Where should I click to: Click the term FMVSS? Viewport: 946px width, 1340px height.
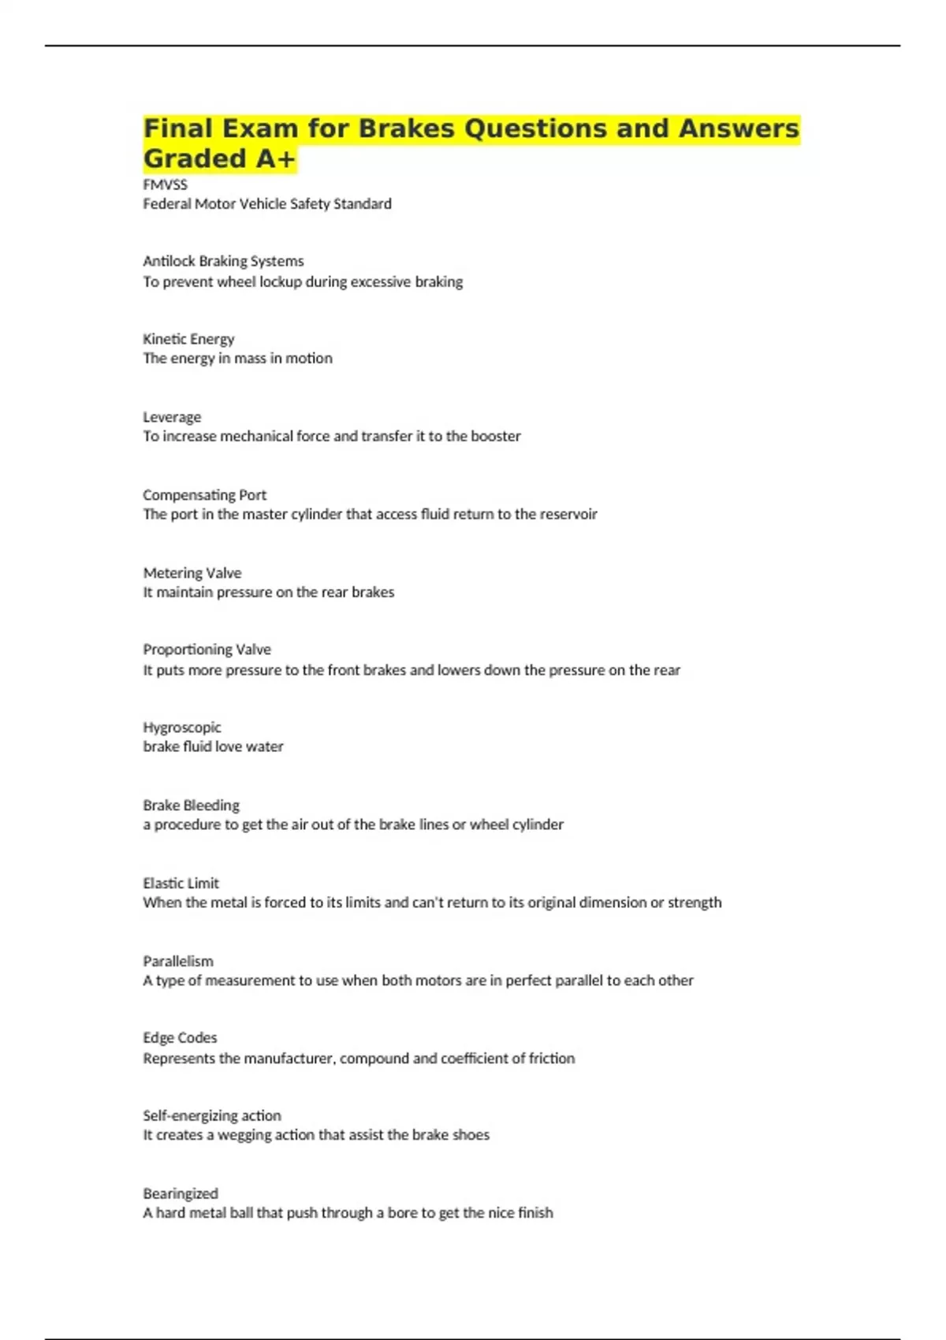(165, 184)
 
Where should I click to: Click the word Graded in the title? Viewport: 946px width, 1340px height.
(195, 158)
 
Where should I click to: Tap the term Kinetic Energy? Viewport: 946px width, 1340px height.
(188, 339)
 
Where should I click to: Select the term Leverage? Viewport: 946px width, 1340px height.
(172, 417)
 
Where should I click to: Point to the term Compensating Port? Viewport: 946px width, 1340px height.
(204, 495)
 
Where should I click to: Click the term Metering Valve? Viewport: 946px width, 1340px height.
(192, 573)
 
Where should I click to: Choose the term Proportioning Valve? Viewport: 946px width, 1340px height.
(207, 650)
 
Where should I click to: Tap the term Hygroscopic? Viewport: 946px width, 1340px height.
(181, 728)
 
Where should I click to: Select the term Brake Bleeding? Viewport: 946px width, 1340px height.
(191, 806)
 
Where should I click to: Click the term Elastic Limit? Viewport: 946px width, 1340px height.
(181, 884)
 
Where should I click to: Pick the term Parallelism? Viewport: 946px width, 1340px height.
(177, 962)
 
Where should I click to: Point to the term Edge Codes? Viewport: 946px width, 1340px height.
(180, 1038)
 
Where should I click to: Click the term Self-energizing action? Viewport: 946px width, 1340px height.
(211, 1116)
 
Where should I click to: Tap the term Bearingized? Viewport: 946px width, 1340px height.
(180, 1194)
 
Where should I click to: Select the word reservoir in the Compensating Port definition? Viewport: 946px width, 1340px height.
(568, 514)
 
